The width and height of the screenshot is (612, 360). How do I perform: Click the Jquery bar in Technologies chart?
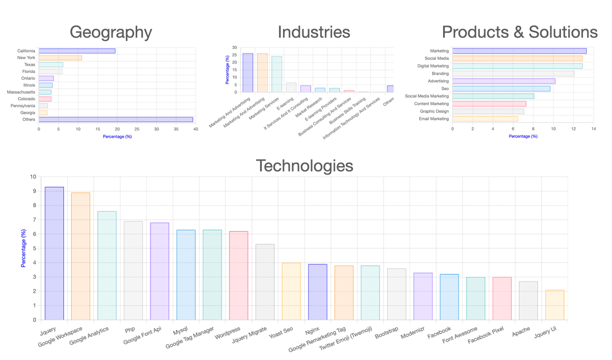pyautogui.click(x=54, y=253)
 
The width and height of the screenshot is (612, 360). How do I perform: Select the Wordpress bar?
pyautogui.click(x=238, y=275)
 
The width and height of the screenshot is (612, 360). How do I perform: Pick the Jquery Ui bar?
pyautogui.click(x=554, y=305)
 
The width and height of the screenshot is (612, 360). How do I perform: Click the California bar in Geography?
pyautogui.click(x=77, y=51)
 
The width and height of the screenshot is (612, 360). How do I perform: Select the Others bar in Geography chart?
pyautogui.click(x=116, y=119)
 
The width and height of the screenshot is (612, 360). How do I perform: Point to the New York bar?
pyautogui.click(x=60, y=58)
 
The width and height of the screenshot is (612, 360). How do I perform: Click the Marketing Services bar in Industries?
pyautogui.click(x=277, y=74)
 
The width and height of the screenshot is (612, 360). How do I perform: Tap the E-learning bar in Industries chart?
pyautogui.click(x=291, y=87)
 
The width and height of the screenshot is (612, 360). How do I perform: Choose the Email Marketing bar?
pyautogui.click(x=485, y=119)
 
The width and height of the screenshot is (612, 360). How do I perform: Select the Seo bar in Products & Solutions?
pyautogui.click(x=501, y=89)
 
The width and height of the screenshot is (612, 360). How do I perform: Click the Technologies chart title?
pyautogui.click(x=304, y=166)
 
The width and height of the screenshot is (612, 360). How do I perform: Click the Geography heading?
pyautogui.click(x=111, y=32)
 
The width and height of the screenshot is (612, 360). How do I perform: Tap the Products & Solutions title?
pyautogui.click(x=519, y=32)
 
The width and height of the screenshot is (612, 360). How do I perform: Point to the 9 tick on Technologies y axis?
pyautogui.click(x=34, y=191)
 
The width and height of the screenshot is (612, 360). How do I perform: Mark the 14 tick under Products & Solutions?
pyautogui.click(x=594, y=130)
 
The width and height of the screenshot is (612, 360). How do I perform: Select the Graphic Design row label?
pyautogui.click(x=434, y=111)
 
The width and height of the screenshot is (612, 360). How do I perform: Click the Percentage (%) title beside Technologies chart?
pyautogui.click(x=23, y=248)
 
